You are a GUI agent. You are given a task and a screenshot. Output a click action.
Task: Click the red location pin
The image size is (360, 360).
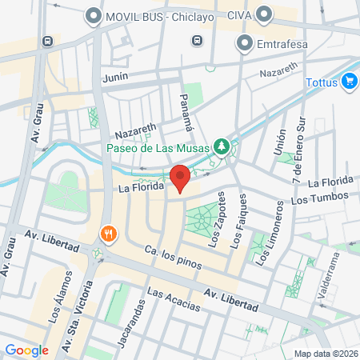coord(179,178)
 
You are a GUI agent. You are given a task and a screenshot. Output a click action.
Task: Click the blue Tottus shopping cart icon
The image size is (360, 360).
coord(348,80)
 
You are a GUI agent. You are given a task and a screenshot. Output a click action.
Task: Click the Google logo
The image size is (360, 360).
coord(26,350)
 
